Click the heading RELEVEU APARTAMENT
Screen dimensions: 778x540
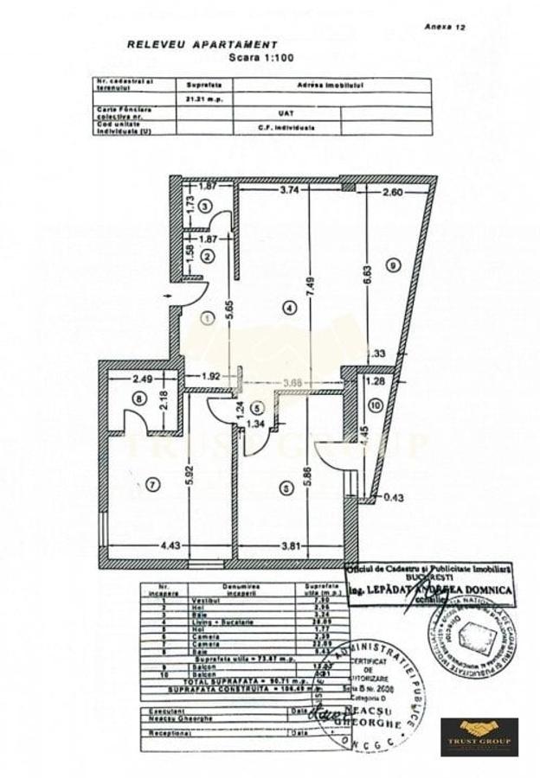[x=202, y=44]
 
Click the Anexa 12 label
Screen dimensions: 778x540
[x=446, y=27]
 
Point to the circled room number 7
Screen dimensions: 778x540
[x=152, y=485]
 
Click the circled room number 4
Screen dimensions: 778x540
[x=288, y=306]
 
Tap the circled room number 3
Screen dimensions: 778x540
[x=204, y=206]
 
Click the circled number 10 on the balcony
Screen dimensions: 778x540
[x=373, y=405]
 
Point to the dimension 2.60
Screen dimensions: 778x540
[x=392, y=193]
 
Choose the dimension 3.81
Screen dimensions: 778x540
[x=289, y=544]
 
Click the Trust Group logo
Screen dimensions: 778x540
[x=479, y=736]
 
